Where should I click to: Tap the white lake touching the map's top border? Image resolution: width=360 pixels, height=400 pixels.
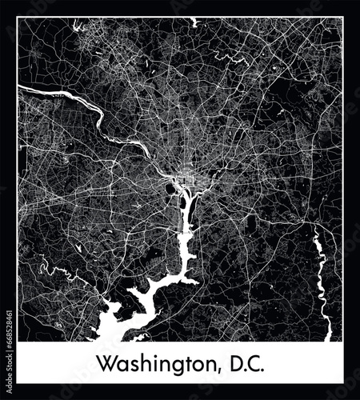pyautogui.click(x=194, y=21)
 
